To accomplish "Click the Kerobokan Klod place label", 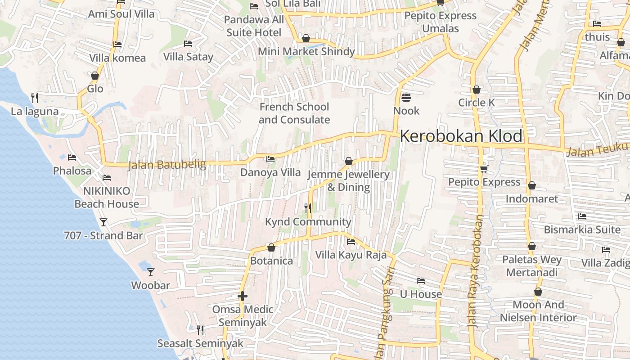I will [x=461, y=136].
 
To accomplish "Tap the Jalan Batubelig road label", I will [x=167, y=165].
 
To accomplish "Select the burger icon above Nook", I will [x=406, y=98].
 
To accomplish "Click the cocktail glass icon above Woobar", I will [x=151, y=272].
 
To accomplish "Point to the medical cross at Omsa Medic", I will [x=243, y=296].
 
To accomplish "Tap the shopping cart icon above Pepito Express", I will [x=484, y=168].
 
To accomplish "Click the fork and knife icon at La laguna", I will [x=35, y=98].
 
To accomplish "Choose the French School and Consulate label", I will [x=294, y=113].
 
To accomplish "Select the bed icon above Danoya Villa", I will [x=270, y=159].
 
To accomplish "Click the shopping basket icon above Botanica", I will [x=271, y=247].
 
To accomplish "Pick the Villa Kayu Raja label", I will [x=351, y=255].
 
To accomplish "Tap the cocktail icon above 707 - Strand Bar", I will [x=103, y=222].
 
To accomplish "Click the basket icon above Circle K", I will [x=477, y=90].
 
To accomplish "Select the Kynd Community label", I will [x=308, y=222].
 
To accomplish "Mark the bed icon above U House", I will [x=421, y=281].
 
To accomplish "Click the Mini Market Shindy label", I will [x=306, y=51].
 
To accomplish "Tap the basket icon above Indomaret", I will [x=532, y=185].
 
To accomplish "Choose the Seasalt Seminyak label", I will [x=200, y=343].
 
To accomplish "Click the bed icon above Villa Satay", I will [x=188, y=44].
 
